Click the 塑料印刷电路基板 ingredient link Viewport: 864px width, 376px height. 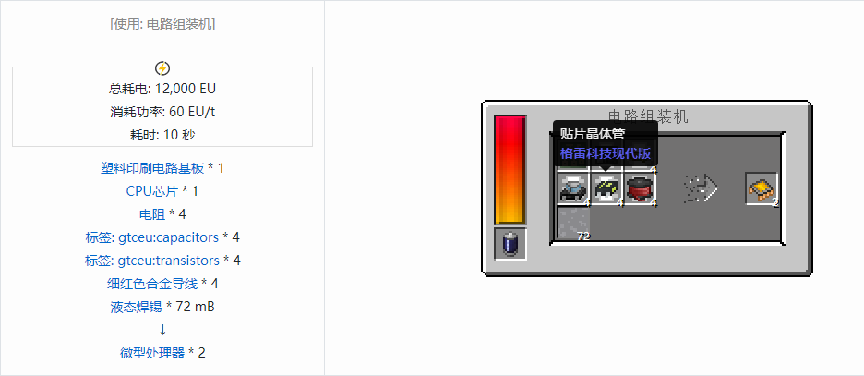coord(152,168)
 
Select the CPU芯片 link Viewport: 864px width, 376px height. coord(152,191)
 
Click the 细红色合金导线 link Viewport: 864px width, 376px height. coord(152,284)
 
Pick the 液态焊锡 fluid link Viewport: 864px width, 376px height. coord(136,307)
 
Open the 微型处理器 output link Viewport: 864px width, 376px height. coord(152,353)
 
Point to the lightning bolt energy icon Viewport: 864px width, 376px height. coord(162,68)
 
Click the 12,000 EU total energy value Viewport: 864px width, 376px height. coord(186,89)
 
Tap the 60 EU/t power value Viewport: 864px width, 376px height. coord(192,112)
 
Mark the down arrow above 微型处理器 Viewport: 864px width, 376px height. coord(162,330)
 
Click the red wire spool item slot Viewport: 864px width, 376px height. coord(640,188)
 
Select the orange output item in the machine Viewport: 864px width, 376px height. coord(761,189)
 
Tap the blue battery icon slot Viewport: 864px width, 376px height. coord(510,243)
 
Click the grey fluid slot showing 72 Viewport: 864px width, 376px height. coord(574,223)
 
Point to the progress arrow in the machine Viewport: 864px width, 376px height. coord(701,189)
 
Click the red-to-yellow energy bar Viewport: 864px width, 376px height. coord(510,170)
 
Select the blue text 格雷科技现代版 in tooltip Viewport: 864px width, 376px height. coord(606,153)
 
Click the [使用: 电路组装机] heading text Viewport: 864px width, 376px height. coord(162,24)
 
